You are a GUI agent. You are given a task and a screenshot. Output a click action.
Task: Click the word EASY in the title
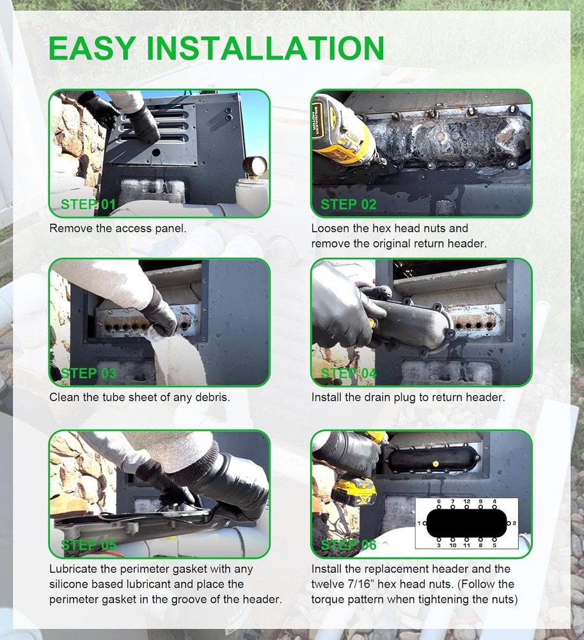click(93, 49)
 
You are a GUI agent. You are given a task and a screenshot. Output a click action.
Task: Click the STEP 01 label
click(88, 204)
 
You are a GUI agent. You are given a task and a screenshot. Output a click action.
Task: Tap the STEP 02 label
click(348, 204)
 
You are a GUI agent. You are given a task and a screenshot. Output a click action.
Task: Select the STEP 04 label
click(348, 373)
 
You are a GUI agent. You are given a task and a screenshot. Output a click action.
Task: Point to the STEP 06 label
click(348, 545)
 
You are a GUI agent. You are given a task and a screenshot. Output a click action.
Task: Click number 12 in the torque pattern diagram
click(467, 501)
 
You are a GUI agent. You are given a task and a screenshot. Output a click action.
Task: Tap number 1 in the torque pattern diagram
click(419, 523)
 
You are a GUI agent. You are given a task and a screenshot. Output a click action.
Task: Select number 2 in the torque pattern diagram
click(514, 523)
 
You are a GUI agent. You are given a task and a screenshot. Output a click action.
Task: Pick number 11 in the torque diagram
click(466, 545)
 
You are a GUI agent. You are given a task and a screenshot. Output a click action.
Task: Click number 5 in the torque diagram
click(494, 545)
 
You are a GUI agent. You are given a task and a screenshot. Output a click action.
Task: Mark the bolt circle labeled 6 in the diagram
click(439, 507)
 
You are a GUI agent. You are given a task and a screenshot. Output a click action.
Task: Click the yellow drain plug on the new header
click(436, 463)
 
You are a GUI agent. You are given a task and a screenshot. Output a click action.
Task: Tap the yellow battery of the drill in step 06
click(354, 491)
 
